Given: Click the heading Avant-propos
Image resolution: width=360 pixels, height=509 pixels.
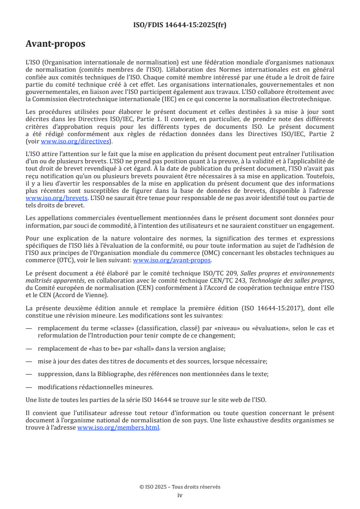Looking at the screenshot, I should click(x=55, y=44).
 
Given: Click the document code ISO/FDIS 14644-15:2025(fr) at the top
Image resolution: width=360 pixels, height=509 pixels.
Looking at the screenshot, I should click(x=180, y=25).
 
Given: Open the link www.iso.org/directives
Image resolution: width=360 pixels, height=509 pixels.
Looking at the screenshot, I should click(x=74, y=141).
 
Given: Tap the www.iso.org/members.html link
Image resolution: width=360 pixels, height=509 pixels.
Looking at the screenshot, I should click(x=118, y=427).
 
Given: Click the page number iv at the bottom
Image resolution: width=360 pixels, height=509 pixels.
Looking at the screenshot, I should click(x=180, y=495).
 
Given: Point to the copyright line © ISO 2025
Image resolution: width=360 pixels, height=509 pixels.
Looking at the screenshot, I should click(x=180, y=487).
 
